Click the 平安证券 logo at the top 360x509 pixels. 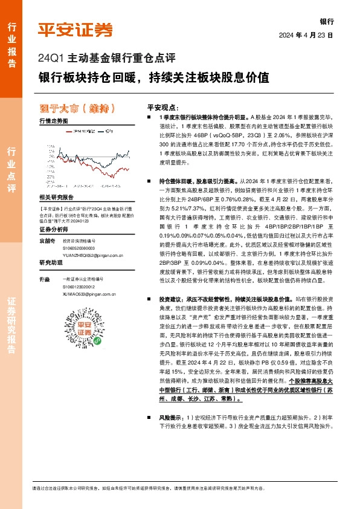pos(76,30)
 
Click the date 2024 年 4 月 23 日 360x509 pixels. pos(306,36)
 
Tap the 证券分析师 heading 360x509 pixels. pos(53,230)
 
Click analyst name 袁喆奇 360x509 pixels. pos(47,240)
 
